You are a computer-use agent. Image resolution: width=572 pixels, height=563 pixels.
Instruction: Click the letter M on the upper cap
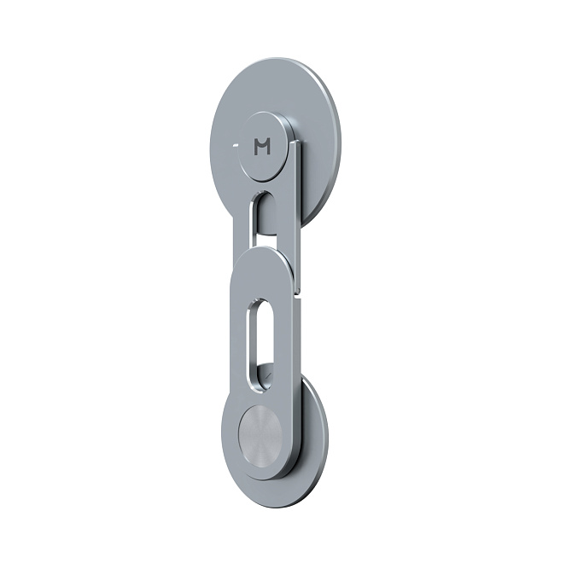tap(262, 147)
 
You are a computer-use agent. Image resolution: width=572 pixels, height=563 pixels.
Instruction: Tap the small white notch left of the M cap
tap(236, 145)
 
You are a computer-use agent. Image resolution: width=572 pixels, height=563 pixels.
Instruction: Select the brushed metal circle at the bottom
tap(260, 431)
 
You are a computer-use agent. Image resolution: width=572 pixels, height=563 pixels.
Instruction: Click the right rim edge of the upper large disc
tap(336, 138)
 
